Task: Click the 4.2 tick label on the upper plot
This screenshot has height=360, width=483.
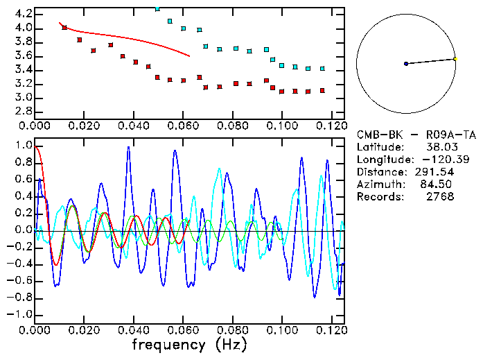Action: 22,14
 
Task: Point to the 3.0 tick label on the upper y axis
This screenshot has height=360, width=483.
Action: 22,98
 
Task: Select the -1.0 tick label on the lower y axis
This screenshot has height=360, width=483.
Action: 19,314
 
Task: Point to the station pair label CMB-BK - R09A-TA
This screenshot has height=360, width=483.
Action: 416,135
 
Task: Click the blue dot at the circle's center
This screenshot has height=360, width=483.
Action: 406,64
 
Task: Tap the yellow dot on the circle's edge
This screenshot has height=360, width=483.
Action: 455,58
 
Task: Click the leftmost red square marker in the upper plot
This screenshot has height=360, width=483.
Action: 64,28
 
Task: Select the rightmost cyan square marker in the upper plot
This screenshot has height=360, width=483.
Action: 322,69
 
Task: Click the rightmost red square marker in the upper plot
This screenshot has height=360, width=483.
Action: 322,90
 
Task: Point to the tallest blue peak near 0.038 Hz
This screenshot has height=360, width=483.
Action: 128,148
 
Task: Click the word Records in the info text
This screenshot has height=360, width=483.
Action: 378,197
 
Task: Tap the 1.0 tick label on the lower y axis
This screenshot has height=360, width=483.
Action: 22,146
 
